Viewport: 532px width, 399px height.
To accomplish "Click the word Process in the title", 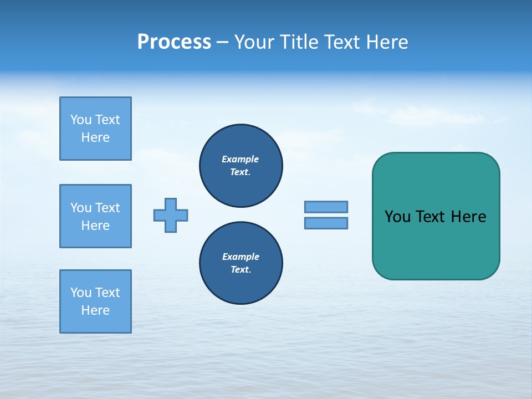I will (x=174, y=42).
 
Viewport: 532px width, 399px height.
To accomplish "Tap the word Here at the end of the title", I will (x=387, y=42).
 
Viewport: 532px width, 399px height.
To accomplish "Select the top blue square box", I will (x=95, y=129).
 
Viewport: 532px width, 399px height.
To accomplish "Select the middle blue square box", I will (x=95, y=216).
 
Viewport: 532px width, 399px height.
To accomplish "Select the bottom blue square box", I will (x=95, y=301).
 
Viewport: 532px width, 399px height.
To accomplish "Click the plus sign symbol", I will (x=171, y=215).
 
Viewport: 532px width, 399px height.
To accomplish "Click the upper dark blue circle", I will (x=241, y=165).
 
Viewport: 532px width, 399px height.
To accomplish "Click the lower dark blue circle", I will (x=241, y=263).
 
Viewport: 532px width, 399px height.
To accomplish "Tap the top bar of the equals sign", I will (x=326, y=207).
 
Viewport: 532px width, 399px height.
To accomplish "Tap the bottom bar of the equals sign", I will (x=326, y=223).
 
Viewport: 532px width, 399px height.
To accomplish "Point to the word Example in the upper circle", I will (x=240, y=159).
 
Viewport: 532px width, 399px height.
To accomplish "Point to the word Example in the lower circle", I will (x=241, y=257).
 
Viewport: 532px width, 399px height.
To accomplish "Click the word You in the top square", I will (x=81, y=120).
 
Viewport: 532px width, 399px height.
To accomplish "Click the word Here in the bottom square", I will (x=95, y=310).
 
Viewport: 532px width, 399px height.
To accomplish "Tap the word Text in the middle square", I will (x=108, y=208).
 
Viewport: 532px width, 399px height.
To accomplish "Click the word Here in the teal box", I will (x=468, y=217).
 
